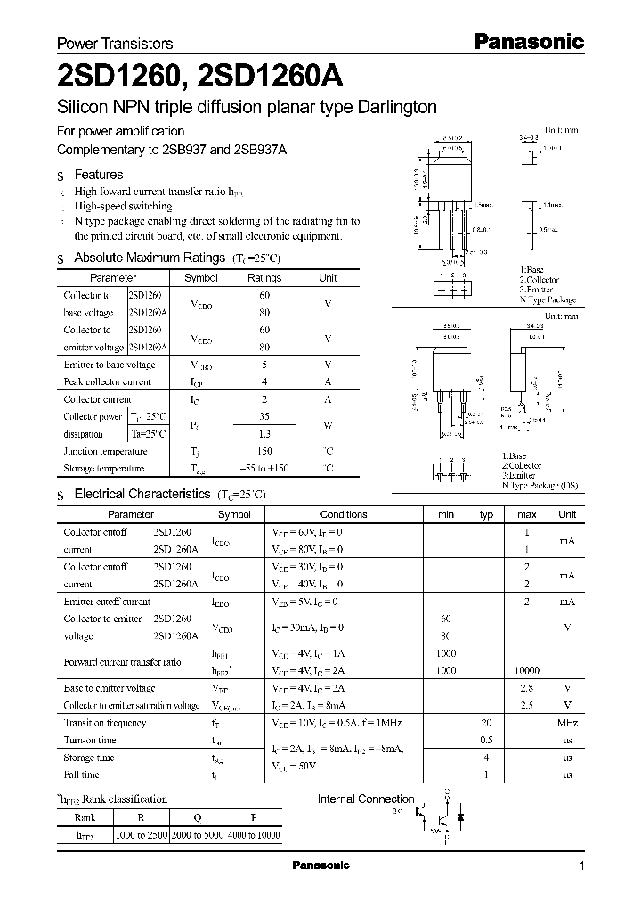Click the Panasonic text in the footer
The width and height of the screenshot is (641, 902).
click(321, 865)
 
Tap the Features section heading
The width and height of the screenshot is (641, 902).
click(98, 176)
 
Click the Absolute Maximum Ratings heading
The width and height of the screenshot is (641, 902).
click(149, 258)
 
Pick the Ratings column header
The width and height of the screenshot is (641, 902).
click(264, 278)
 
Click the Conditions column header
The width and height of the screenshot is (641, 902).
click(343, 514)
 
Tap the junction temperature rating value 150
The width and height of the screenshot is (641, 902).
click(264, 452)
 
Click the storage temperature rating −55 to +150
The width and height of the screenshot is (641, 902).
click(264, 469)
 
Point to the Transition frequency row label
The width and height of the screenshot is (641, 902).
click(105, 723)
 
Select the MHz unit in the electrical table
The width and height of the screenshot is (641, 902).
click(567, 723)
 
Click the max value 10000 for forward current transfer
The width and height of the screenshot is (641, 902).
click(526, 670)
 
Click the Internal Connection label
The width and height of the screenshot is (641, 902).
click(366, 799)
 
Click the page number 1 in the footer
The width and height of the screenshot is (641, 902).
click(581, 866)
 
